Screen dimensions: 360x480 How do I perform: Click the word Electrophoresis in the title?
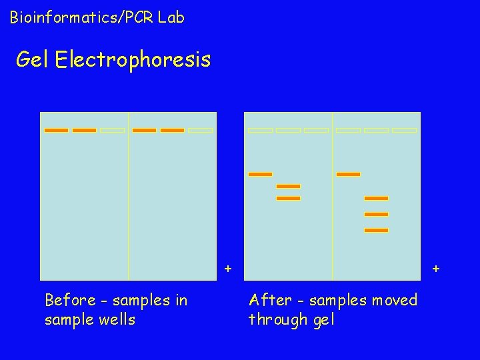133,60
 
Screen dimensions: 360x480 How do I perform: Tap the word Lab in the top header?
171,17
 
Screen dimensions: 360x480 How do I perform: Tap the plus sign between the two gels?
228,269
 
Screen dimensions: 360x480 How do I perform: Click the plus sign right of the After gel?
436,269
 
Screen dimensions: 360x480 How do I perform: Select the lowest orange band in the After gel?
376,230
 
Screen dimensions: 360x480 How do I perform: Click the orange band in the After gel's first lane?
260,174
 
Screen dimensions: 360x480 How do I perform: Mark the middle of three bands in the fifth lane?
376,214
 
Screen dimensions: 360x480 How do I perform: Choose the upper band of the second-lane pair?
288,186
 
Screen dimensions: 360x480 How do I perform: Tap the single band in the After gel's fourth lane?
348,174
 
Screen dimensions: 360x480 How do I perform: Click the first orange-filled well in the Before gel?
56,130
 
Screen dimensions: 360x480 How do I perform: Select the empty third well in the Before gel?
113,130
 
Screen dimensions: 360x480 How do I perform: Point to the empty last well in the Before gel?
201,130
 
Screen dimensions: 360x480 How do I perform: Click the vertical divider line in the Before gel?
129,200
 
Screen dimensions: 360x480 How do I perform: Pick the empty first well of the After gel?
260,130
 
